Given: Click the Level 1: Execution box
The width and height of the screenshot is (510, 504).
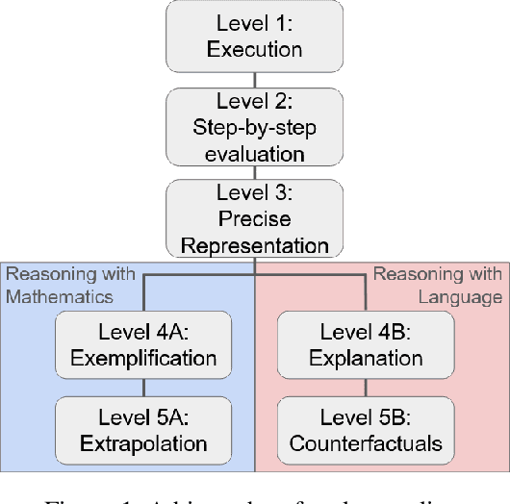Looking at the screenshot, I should tap(254, 38).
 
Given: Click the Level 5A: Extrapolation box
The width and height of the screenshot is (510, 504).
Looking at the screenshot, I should tap(143, 432).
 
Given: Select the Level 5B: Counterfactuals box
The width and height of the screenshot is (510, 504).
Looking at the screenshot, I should tap(366, 432).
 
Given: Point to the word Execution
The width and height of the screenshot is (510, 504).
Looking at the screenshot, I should tap(254, 50).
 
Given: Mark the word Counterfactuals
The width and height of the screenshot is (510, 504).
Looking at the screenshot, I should tap(366, 444).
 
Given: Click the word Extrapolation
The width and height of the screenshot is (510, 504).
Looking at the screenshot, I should tap(143, 444).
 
